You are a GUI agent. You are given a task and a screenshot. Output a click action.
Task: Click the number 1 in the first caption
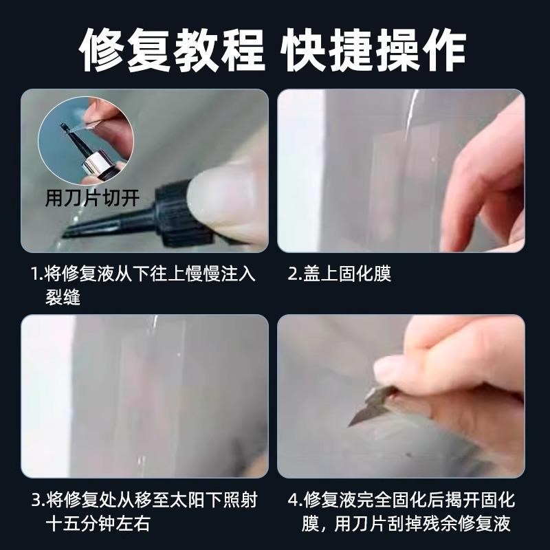(34, 274)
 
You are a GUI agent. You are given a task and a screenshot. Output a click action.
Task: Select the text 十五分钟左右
(97, 525)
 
